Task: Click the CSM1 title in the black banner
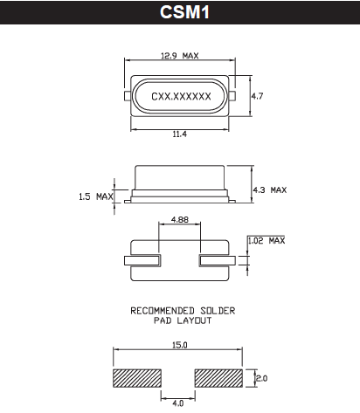click(180, 13)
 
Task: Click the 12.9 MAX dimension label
click(180, 56)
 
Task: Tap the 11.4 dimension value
click(180, 133)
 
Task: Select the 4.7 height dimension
click(257, 96)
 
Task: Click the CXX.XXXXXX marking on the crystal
click(181, 96)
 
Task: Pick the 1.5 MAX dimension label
click(93, 196)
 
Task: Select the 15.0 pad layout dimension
click(180, 347)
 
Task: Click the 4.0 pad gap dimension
click(179, 403)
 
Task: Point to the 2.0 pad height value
click(260, 378)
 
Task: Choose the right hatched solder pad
click(219, 379)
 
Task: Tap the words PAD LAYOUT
click(180, 320)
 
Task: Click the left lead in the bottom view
click(142, 260)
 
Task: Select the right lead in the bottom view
click(218, 260)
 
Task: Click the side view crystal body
click(180, 182)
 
